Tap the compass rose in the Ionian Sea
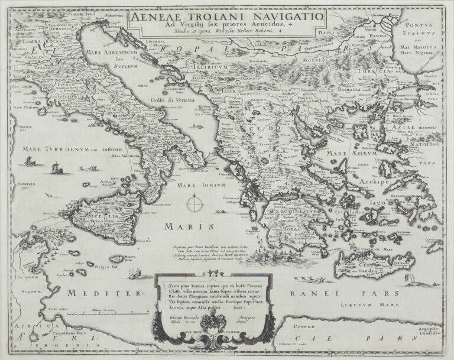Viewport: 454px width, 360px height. coord(193,206)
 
